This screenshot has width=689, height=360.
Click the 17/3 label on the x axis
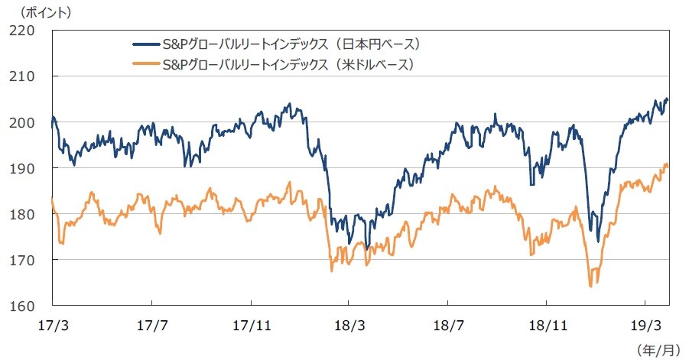pos(52,324)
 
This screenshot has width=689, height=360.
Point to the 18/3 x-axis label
pos(349,324)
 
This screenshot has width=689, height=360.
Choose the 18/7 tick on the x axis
pos(448,324)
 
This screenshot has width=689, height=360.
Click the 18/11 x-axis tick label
pos(547,324)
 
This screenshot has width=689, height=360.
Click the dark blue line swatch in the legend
pos(146,43)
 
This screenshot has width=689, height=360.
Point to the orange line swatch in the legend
pos(146,64)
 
